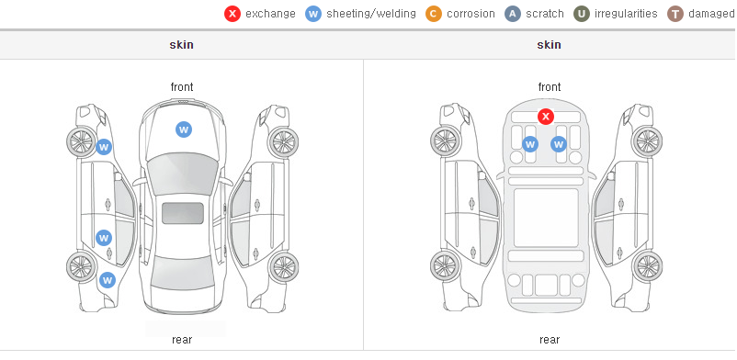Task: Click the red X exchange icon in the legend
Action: click(232, 14)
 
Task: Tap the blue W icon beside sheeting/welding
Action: click(313, 14)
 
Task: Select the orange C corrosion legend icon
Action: click(434, 14)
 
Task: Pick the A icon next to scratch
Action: click(513, 14)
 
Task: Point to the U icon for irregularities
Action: click(582, 14)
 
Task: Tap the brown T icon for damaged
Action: click(675, 14)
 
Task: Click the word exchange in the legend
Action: click(270, 14)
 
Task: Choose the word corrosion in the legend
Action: click(471, 14)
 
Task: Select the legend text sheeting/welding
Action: click(371, 14)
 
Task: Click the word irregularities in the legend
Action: click(626, 14)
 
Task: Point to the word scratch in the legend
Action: click(545, 14)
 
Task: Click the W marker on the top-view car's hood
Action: click(184, 129)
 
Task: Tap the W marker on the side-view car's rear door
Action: click(104, 238)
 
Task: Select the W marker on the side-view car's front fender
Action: click(104, 147)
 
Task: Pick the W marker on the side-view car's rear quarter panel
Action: click(108, 280)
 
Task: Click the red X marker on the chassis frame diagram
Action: click(545, 116)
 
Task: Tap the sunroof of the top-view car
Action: click(183, 213)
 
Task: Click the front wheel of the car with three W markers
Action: click(80, 141)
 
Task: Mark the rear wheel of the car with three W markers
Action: click(80, 266)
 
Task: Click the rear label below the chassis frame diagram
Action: click(550, 340)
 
